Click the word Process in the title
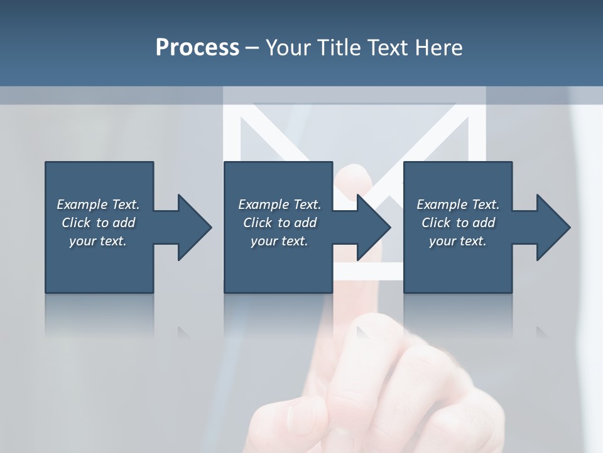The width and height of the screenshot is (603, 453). click(197, 47)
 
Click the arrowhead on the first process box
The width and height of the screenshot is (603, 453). click(193, 227)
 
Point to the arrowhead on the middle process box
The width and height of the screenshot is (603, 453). click(373, 227)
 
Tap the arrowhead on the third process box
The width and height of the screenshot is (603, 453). click(553, 227)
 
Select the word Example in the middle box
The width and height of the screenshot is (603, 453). click(263, 204)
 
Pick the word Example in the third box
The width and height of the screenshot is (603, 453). click(442, 204)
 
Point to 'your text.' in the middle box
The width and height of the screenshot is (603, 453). click(279, 241)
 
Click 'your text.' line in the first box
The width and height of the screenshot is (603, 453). click(98, 241)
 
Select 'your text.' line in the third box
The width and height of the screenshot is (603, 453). click(458, 241)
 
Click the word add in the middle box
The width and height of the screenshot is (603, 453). click(305, 223)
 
